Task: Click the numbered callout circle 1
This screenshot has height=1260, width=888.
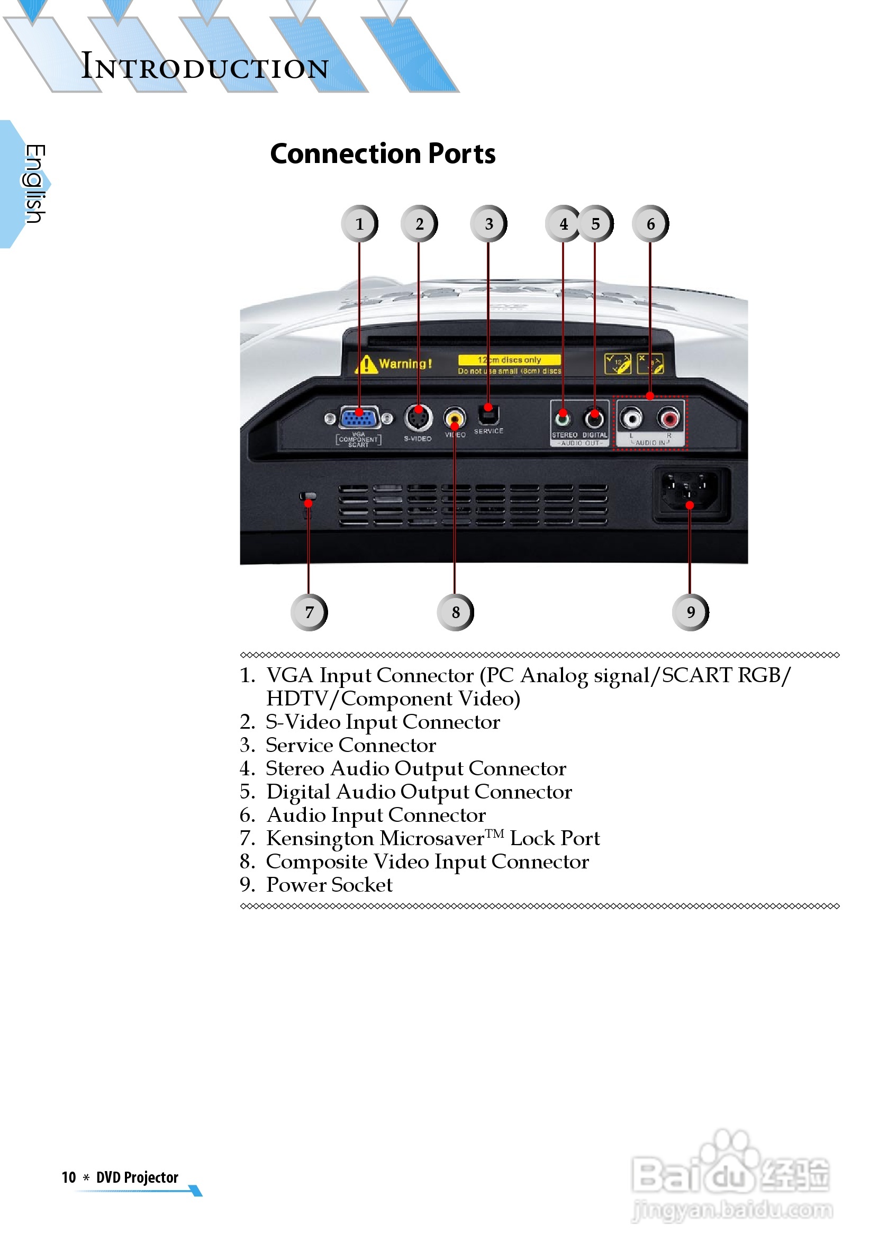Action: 359,224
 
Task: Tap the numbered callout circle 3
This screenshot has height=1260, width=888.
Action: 488,224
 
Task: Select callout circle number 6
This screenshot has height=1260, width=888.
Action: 650,224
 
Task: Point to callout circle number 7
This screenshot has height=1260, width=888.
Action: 309,612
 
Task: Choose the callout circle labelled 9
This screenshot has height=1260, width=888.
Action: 690,612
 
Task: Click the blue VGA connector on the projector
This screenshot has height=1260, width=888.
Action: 359,418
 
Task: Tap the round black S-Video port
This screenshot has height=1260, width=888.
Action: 418,418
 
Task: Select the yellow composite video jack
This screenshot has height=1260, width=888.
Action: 455,419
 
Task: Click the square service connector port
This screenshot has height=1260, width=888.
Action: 488,414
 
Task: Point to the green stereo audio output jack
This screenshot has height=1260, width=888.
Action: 563,419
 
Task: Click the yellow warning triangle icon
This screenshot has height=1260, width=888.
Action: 366,365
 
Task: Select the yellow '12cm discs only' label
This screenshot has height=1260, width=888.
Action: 509,360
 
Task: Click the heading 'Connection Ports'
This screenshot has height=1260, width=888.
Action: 383,153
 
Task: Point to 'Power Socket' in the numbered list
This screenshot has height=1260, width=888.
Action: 329,885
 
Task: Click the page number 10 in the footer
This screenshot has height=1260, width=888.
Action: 69,1177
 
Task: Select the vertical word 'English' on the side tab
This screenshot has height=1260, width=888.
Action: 34,184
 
